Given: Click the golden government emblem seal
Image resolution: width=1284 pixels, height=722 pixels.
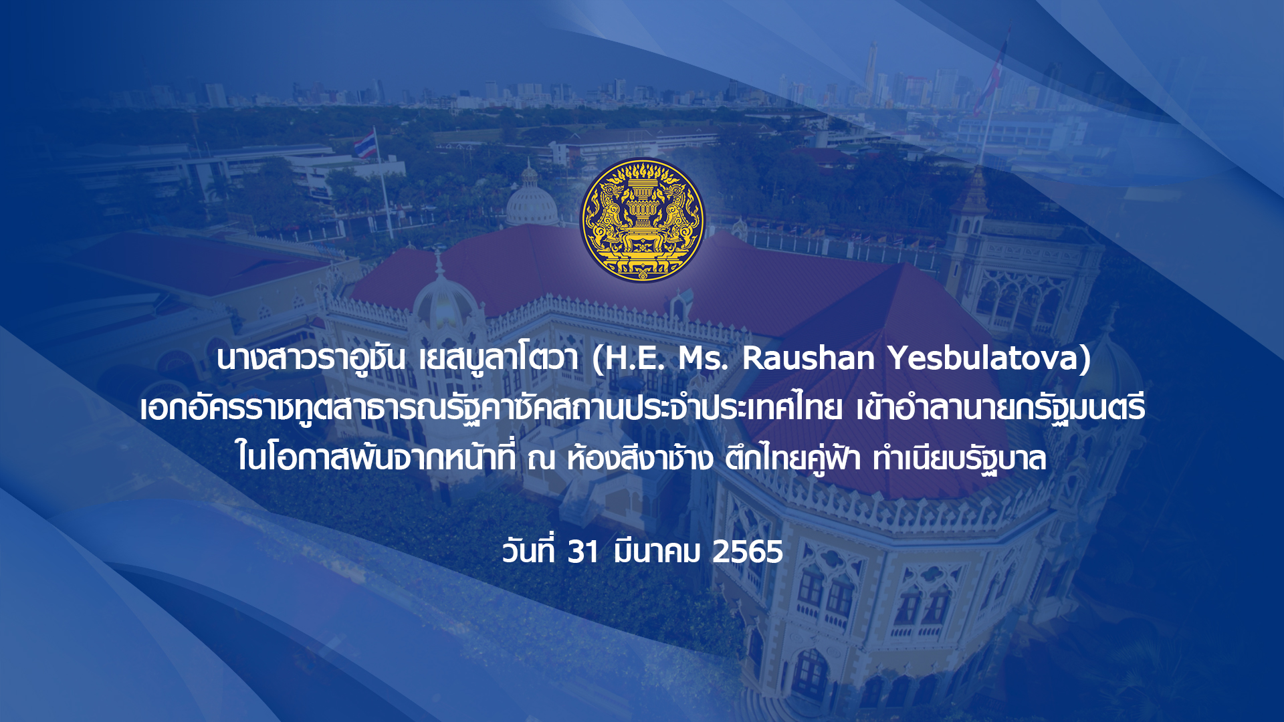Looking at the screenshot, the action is pos(642,220).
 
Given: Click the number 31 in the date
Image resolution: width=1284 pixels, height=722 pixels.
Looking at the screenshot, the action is pos(582,552).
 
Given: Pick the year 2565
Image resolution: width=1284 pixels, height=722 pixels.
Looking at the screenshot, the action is pos(747,552).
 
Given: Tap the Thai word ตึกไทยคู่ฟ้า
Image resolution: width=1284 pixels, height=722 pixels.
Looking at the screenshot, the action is pos(792,459).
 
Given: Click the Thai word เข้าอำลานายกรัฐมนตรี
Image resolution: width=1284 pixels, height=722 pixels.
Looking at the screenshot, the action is pos(1000,408).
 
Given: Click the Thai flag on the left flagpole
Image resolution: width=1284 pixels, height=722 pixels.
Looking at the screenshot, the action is pos(365,144).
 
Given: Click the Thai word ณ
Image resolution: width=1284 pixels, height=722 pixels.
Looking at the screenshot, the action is pos(541,460).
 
